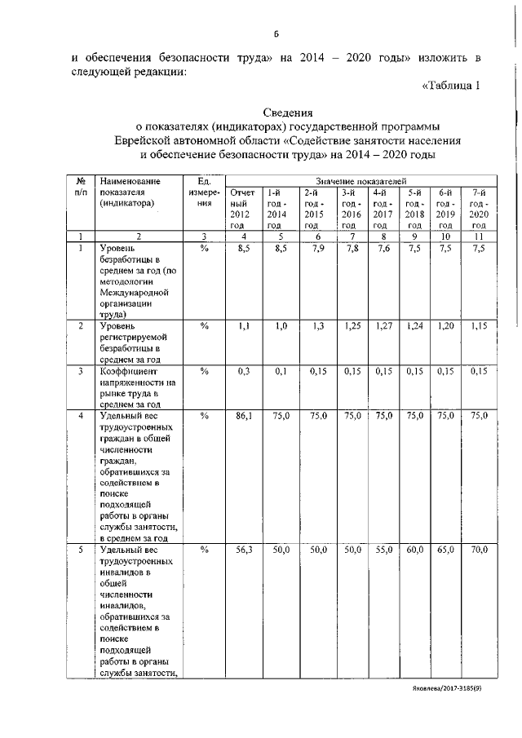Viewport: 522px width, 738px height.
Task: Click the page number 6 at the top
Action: [276, 33]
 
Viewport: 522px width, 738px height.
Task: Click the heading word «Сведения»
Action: [287, 113]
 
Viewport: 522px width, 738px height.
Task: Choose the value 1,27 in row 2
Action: [382, 326]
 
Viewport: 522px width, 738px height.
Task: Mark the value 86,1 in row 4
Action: [244, 416]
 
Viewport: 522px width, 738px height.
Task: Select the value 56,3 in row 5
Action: [244, 551]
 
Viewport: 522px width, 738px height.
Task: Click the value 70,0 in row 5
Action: [478, 551]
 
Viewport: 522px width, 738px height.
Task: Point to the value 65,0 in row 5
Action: [445, 551]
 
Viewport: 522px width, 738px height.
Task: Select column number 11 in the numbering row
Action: [479, 236]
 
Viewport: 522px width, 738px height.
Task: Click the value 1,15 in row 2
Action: [478, 326]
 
